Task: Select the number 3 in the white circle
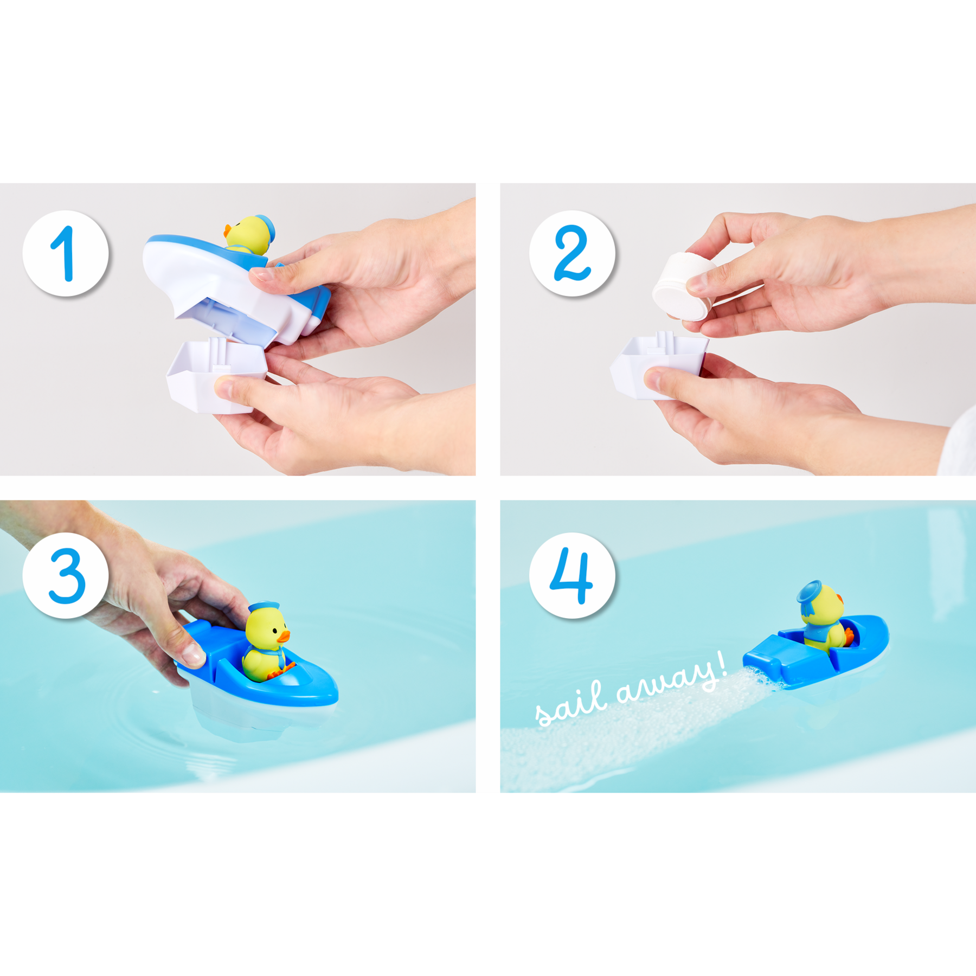click(x=67, y=576)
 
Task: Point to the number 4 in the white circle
click(x=571, y=575)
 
